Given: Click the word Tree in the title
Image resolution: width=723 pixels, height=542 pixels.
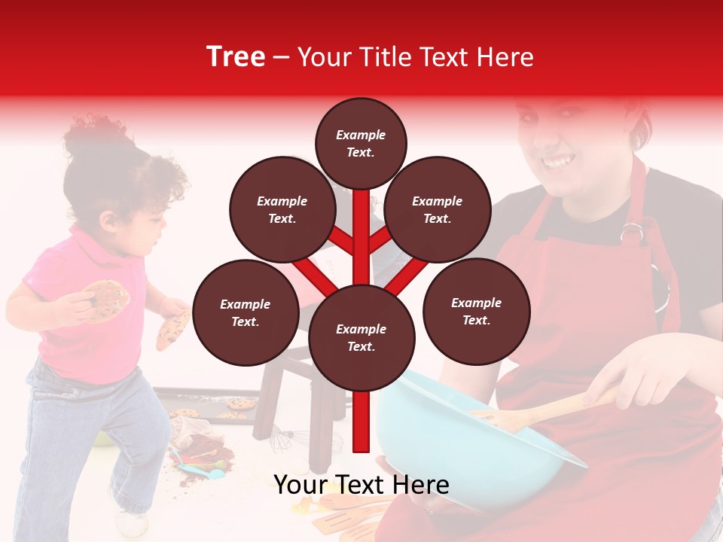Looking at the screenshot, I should [236, 57].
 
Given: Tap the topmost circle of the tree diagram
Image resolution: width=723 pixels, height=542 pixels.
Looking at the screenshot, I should [361, 143].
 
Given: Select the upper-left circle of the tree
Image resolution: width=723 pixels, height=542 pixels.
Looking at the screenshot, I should [282, 209].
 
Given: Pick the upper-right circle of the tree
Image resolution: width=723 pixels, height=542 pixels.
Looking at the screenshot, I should [438, 209].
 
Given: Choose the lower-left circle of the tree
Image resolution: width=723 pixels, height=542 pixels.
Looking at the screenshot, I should [246, 312].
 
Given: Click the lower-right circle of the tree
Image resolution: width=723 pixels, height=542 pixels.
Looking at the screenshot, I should [476, 311].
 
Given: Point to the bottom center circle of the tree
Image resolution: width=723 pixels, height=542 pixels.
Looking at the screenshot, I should [361, 337].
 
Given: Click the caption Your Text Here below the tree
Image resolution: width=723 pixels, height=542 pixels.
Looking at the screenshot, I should [361, 485].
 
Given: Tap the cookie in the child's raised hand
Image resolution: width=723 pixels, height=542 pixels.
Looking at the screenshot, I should [105, 299].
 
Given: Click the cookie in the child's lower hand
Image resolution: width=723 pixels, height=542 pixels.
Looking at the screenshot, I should [172, 329].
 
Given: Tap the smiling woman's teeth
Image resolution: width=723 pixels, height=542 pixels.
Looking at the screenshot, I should [558, 161].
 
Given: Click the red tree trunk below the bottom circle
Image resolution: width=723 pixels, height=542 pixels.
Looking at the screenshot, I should [361, 422].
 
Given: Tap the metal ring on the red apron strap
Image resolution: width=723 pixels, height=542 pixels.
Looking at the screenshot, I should [633, 231].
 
